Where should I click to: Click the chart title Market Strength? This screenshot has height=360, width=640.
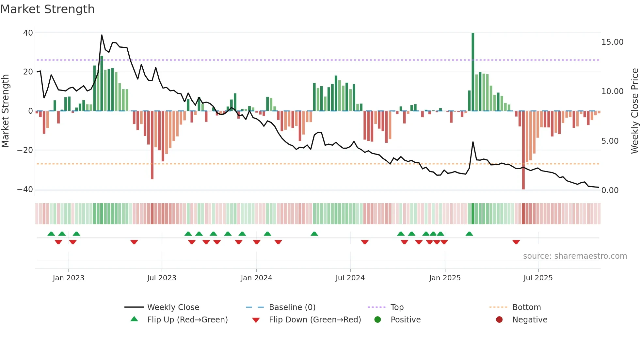click(47, 9)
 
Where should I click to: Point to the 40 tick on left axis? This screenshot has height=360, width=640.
click(28, 33)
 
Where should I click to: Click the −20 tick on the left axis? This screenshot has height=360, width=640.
click(25, 150)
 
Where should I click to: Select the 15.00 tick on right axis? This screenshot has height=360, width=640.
click(612, 42)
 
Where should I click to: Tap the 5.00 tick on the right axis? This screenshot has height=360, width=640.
click(610, 141)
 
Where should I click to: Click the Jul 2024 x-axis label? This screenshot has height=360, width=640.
click(350, 278)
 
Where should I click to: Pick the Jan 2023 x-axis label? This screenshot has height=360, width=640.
click(69, 278)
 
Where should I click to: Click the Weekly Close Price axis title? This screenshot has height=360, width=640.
click(634, 111)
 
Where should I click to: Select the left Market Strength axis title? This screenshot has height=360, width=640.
click(6, 111)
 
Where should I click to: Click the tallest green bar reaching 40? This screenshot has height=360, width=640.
click(473, 72)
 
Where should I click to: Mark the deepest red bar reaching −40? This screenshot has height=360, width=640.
click(523, 150)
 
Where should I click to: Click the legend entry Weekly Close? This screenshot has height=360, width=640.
click(173, 307)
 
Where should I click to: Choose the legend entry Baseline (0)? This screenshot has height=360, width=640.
click(292, 307)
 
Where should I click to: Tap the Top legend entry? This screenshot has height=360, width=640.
click(397, 307)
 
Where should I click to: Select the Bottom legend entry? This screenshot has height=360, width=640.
click(526, 307)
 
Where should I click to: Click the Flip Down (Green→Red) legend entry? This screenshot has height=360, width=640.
click(315, 320)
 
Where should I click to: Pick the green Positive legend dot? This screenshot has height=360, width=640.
click(378, 320)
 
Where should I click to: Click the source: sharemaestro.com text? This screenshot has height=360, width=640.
click(575, 256)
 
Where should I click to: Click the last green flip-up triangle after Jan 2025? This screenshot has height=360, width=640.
click(469, 234)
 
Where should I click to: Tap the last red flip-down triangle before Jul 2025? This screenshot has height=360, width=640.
click(516, 242)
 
